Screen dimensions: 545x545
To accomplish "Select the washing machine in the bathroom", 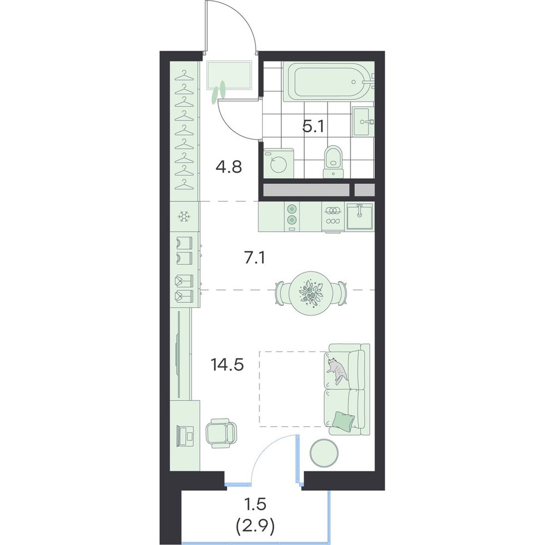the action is [278, 163].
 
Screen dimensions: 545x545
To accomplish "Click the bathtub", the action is [329, 82].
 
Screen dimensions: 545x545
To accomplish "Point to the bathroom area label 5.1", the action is [313, 127].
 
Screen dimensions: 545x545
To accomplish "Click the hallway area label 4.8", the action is [229, 167].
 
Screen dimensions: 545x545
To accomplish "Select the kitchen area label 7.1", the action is [255, 258].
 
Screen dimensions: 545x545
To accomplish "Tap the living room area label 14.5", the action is [227, 365].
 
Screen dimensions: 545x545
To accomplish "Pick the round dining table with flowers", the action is [311, 293].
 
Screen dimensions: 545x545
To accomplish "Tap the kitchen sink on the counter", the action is [360, 216].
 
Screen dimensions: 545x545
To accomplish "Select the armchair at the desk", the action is [221, 433].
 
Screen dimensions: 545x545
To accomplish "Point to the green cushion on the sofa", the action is [343, 420].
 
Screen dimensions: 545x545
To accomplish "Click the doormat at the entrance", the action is [229, 75].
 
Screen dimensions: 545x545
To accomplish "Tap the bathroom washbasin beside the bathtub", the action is [364, 122].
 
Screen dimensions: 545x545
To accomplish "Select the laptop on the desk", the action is [186, 435].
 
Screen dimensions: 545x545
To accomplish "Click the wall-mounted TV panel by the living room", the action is [179, 355].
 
